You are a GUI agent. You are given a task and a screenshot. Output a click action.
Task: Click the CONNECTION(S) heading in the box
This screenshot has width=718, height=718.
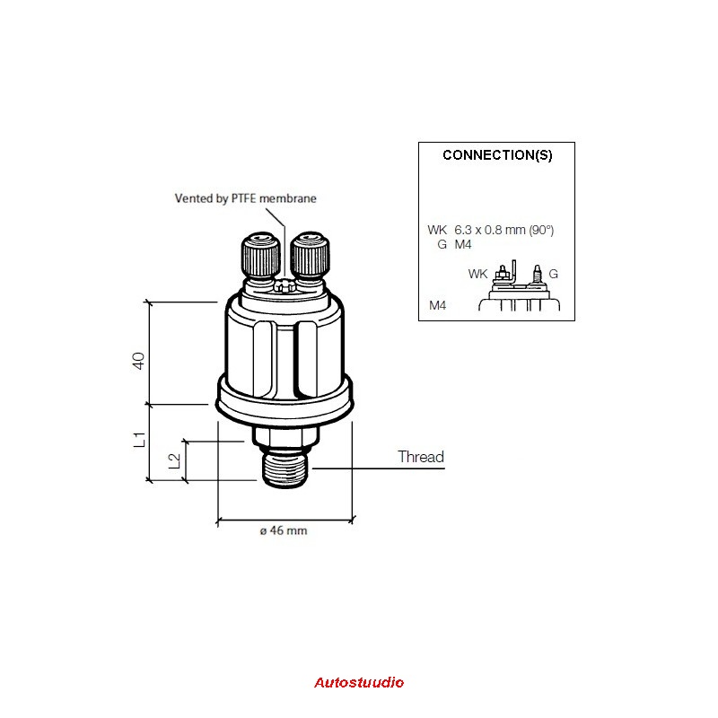tap(497, 155)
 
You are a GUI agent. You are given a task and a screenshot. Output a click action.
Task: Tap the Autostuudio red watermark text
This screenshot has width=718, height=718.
tap(359, 682)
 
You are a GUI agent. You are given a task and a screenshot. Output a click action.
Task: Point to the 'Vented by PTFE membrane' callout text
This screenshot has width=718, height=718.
tap(245, 198)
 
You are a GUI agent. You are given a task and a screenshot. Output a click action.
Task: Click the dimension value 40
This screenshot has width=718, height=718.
tap(138, 361)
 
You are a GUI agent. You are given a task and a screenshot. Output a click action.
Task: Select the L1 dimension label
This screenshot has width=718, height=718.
tap(139, 440)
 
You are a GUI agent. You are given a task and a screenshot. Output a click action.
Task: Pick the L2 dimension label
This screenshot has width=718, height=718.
tap(174, 460)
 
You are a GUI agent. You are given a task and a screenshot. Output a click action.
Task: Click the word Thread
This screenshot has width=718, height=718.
tap(421, 457)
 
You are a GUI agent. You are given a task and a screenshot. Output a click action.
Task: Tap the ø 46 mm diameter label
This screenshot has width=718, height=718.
tap(284, 530)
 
